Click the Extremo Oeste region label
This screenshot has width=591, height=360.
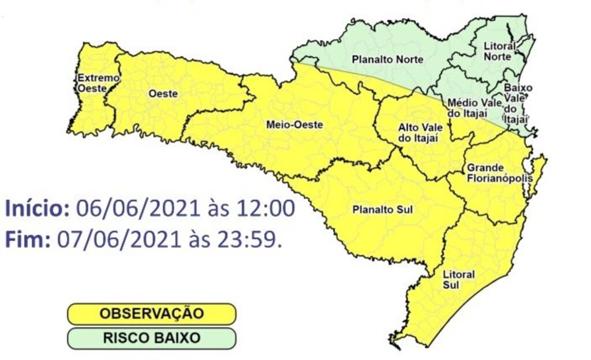point(91,83)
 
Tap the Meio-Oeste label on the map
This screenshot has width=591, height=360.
point(287,124)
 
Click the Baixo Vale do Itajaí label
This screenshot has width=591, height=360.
point(517,103)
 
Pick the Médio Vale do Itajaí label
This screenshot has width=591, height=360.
point(467,107)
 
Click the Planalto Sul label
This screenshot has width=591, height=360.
point(382,209)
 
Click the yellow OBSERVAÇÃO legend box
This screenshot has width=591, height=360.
point(152,314)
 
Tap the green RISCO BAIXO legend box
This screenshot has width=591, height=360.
point(152,338)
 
